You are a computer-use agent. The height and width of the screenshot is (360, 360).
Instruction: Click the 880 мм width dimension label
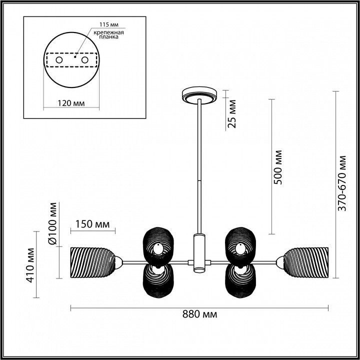coord(199,314)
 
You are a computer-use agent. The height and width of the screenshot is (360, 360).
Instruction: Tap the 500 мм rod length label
coord(278,167)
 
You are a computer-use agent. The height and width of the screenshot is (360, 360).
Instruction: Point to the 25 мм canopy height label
coord(232,113)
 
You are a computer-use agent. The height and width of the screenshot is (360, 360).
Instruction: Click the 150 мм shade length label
coord(92,224)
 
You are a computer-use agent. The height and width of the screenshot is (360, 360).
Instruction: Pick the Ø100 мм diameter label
coord(53,223)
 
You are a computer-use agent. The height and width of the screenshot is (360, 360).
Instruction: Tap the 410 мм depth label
coord(30,265)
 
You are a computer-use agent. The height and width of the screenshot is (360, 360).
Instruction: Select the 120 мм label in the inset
coord(71,103)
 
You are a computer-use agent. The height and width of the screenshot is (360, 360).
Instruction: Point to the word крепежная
coord(109,32)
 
